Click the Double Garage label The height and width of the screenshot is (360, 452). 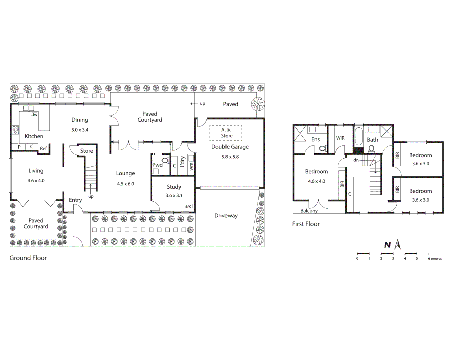pos(230,147)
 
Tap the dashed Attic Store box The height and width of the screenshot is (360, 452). pos(226,133)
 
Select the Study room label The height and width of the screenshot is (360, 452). pos(174,187)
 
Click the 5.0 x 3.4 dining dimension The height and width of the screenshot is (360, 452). pos(80,130)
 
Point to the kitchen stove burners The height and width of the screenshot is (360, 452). pos(15,130)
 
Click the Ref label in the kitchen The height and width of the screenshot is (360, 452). pos(43,149)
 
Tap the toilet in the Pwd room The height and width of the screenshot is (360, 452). pos(165,161)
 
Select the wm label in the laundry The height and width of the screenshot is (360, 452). pos(191,166)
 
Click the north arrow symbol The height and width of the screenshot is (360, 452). pos(397,245)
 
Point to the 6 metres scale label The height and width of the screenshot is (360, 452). pos(435,259)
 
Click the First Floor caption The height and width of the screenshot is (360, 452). pos(306,224)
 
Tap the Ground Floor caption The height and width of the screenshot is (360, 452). pos(28,258)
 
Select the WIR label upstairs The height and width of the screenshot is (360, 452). pos(340,138)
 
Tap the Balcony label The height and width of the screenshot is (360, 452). pos(309,211)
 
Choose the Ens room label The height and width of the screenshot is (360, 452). pos(315,139)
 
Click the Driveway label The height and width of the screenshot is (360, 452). pos(226,216)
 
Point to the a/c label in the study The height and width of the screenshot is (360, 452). pos(188,206)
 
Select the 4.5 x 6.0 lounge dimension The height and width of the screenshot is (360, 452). pos(125,184)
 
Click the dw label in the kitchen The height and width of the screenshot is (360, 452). pos(34,115)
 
